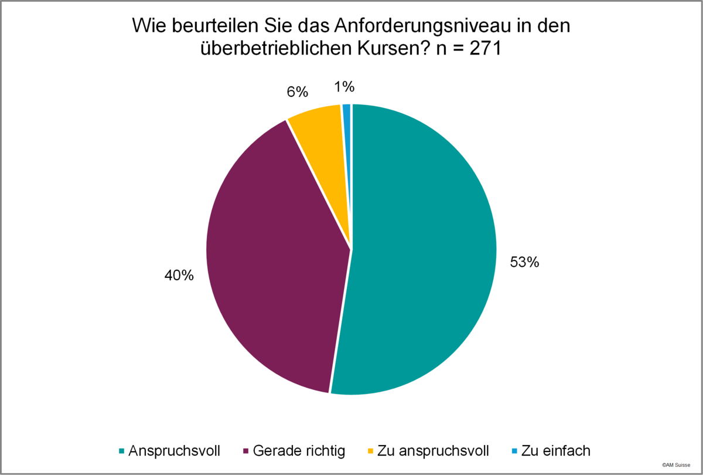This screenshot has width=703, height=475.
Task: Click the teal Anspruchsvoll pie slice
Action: (421, 252)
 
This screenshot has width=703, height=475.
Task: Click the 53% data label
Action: (524, 262)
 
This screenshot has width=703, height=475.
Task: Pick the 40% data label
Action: (179, 276)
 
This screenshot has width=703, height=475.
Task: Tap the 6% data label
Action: (298, 92)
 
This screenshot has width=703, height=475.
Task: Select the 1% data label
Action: (344, 87)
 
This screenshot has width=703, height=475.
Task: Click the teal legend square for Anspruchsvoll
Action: (122, 452)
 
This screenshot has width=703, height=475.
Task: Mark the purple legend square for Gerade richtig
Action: (245, 452)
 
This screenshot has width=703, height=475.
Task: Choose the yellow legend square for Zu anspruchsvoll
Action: (371, 452)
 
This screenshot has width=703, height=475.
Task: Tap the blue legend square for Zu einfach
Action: (514, 452)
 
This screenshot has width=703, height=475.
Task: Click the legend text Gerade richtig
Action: (299, 451)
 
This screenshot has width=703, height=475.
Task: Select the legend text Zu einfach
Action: (556, 451)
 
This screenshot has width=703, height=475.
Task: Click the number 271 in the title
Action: (485, 49)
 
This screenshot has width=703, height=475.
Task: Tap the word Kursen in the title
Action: (393, 49)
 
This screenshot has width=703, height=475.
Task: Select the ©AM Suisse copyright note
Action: (676, 465)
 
